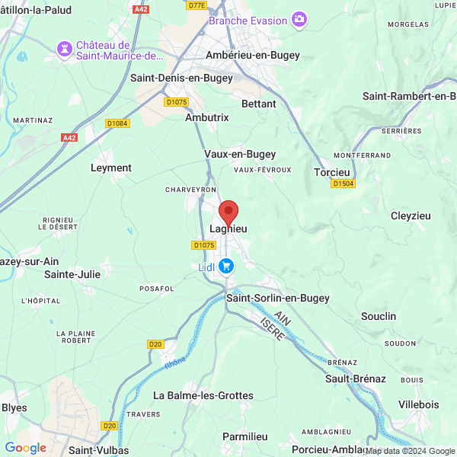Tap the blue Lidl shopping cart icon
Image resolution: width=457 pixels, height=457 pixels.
coord(226,266)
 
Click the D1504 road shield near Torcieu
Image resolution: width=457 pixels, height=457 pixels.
coord(343,184)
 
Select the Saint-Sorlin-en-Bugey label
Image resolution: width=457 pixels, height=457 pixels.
coord(278,298)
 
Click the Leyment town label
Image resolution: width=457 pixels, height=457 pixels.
coord(111,168)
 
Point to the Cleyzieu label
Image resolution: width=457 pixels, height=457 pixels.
coord(411,216)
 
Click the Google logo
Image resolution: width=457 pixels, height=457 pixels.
coord(26,448)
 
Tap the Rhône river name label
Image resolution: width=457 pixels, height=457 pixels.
coord(175,363)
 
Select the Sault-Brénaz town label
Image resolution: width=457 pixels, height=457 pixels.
coord(356,379)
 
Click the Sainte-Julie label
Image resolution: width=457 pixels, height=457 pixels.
coord(72,274)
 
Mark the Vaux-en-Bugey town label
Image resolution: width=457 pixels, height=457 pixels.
coord(240,154)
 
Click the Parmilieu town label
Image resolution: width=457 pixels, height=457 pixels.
coord(245,436)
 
